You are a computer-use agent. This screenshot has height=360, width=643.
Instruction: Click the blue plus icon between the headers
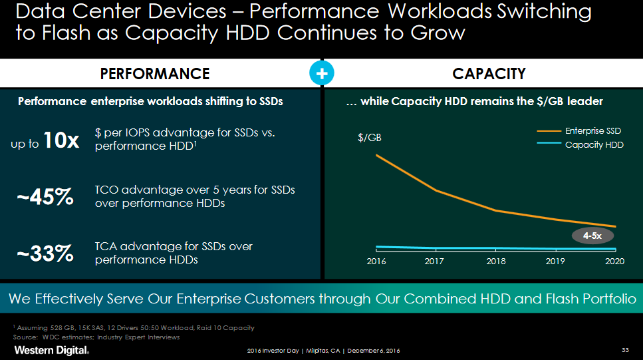click(x=321, y=74)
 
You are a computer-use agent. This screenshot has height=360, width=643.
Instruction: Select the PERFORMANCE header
click(x=155, y=74)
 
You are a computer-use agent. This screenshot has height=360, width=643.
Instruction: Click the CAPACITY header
click(x=489, y=74)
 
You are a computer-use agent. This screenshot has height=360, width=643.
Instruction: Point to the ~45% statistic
click(x=45, y=197)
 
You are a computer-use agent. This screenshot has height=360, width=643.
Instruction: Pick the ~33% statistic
click(x=45, y=253)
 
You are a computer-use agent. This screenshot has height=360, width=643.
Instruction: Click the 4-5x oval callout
click(x=592, y=236)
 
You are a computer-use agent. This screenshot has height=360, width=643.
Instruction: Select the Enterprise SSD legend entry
click(x=592, y=132)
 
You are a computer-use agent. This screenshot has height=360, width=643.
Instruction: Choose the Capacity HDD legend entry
click(x=594, y=144)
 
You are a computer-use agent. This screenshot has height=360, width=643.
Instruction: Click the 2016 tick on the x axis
click(x=376, y=261)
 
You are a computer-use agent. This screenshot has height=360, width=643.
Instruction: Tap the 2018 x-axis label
click(x=496, y=261)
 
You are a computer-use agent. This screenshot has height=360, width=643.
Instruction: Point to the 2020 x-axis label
click(x=615, y=261)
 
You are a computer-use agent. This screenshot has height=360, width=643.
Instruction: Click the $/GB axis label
click(x=370, y=138)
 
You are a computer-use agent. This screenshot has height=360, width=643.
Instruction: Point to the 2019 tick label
click(x=555, y=261)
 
